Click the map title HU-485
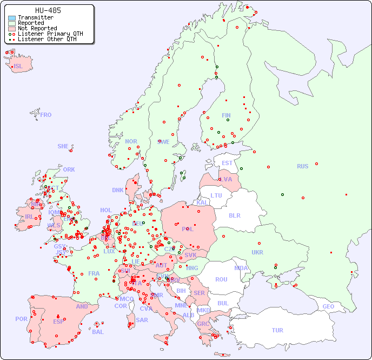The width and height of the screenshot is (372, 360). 48,10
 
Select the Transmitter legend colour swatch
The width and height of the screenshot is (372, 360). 12,18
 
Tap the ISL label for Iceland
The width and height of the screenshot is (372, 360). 18,67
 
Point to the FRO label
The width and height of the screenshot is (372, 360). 46,115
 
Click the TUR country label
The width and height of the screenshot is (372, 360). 277,330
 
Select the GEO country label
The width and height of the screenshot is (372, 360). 328,306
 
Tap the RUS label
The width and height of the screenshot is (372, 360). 302,166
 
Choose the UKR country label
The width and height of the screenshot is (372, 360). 257,252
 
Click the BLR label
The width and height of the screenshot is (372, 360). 235,215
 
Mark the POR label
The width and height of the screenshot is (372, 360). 21,319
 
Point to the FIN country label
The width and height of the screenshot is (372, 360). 226,115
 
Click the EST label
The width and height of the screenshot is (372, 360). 227,163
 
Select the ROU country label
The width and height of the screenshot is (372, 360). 221,279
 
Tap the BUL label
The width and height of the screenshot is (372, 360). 223,303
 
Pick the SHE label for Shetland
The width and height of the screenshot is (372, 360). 63,146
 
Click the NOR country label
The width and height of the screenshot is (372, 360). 131,141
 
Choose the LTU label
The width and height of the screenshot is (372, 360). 216,195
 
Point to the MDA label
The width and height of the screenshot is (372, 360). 241,268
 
